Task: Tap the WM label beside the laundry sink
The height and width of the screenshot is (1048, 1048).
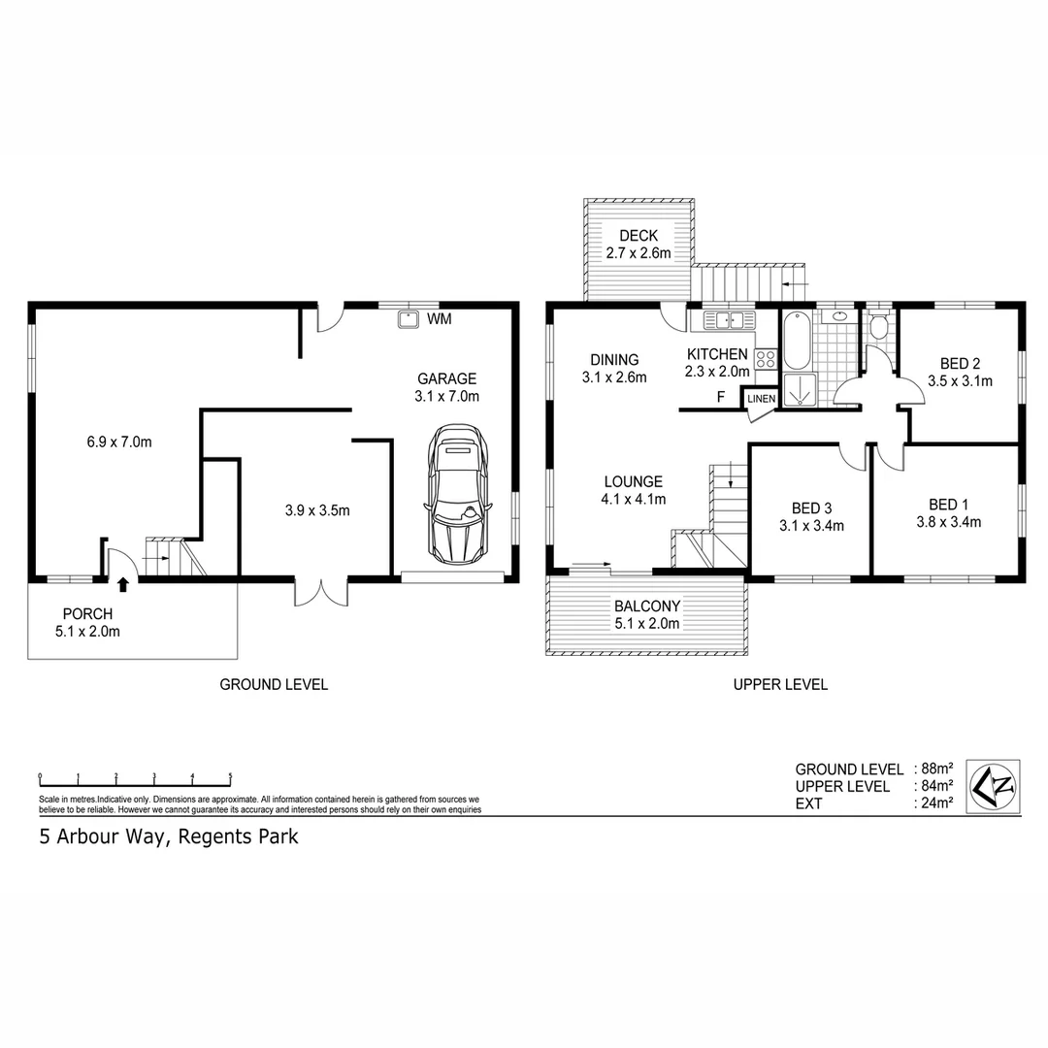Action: point(440,318)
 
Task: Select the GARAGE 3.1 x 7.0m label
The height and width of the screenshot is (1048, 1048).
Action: point(447,387)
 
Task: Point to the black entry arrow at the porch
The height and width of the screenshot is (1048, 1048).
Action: point(123,584)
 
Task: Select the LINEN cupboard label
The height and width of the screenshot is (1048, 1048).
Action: point(761,399)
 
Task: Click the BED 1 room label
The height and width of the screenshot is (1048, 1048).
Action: point(948,512)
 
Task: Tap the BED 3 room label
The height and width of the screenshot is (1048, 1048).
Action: point(811,516)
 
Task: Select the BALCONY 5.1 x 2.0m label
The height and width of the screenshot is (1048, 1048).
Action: point(646,614)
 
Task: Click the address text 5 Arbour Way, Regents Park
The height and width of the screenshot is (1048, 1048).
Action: point(168,836)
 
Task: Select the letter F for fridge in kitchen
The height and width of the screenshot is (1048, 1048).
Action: point(720,396)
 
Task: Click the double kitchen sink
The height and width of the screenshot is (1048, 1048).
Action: point(723,319)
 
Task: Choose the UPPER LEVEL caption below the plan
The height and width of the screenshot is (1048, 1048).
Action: point(779,684)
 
